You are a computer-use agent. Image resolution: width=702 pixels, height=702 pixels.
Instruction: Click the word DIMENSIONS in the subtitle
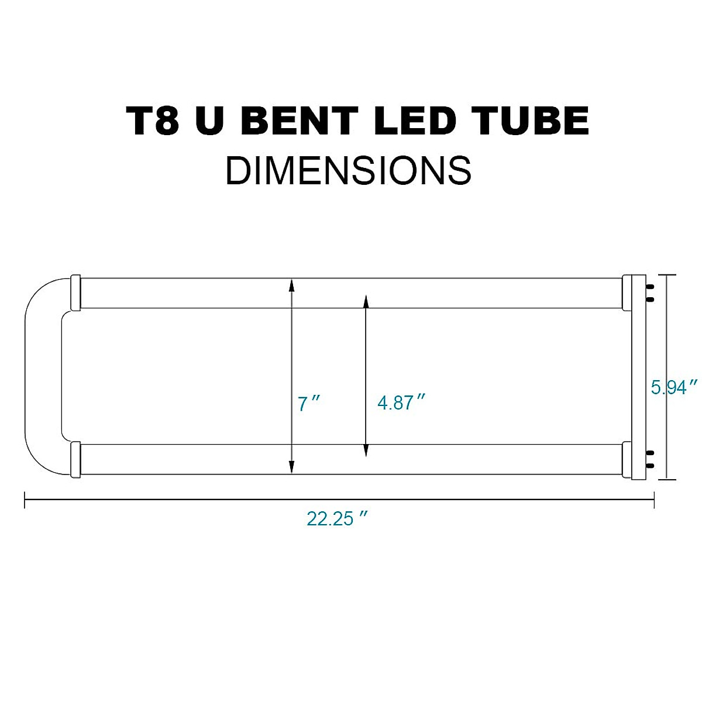click(349, 170)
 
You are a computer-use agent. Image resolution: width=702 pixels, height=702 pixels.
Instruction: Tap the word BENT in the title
click(298, 121)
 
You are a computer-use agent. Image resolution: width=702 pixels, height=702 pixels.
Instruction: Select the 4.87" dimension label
click(401, 402)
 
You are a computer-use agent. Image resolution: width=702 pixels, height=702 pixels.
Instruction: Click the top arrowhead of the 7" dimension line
click(291, 284)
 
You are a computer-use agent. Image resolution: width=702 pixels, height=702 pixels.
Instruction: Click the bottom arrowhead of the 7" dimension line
click(291, 466)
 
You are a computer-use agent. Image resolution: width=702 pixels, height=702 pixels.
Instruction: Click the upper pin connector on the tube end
click(648, 292)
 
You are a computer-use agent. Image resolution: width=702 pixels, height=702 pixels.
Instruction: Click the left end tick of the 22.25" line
click(25, 500)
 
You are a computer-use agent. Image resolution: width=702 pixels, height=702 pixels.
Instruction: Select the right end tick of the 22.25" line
click(653, 500)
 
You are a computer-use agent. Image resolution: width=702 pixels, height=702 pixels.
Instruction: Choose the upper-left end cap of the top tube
click(75, 292)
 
